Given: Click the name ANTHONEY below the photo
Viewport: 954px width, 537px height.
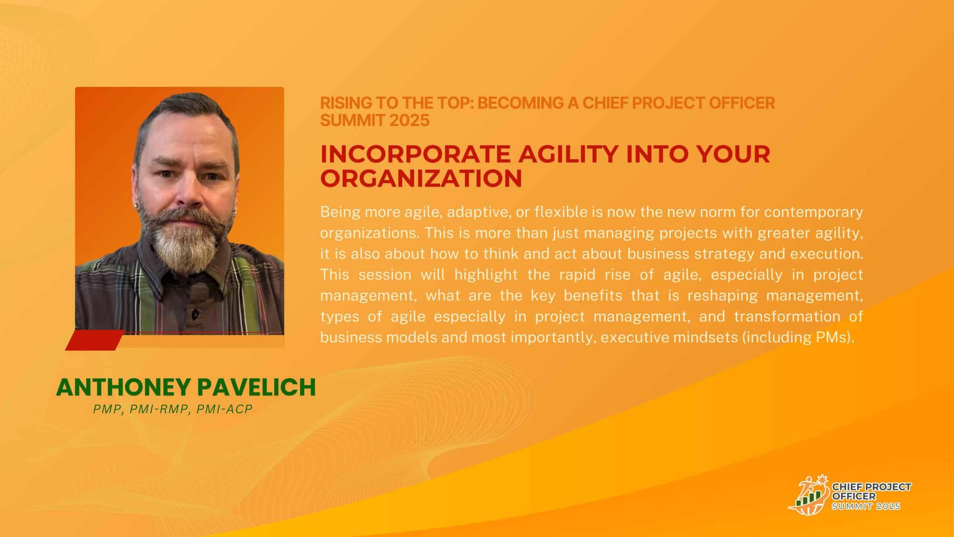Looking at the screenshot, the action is pos(123,388).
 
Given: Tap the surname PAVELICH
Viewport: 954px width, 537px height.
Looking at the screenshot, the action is pos(257,388).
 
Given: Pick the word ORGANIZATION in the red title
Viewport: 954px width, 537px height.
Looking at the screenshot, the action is pos(421,178).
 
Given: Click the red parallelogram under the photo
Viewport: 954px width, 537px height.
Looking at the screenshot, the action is pos(95,340).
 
